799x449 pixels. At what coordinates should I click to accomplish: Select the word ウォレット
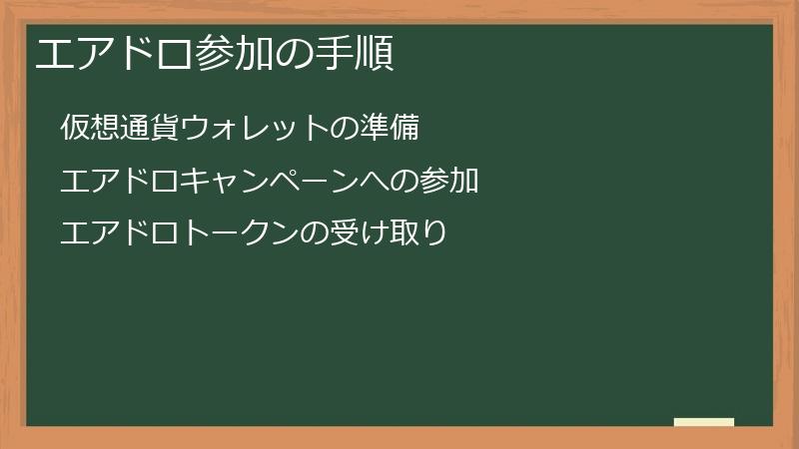tap(254, 128)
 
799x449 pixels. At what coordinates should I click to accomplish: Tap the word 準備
tap(389, 128)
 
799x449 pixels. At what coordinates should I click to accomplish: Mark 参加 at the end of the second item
tap(448, 182)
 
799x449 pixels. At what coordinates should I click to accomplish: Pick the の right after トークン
tap(314, 234)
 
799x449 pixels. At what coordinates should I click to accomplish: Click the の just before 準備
tap(344, 128)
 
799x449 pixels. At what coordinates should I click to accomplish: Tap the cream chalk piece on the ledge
tap(704, 422)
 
